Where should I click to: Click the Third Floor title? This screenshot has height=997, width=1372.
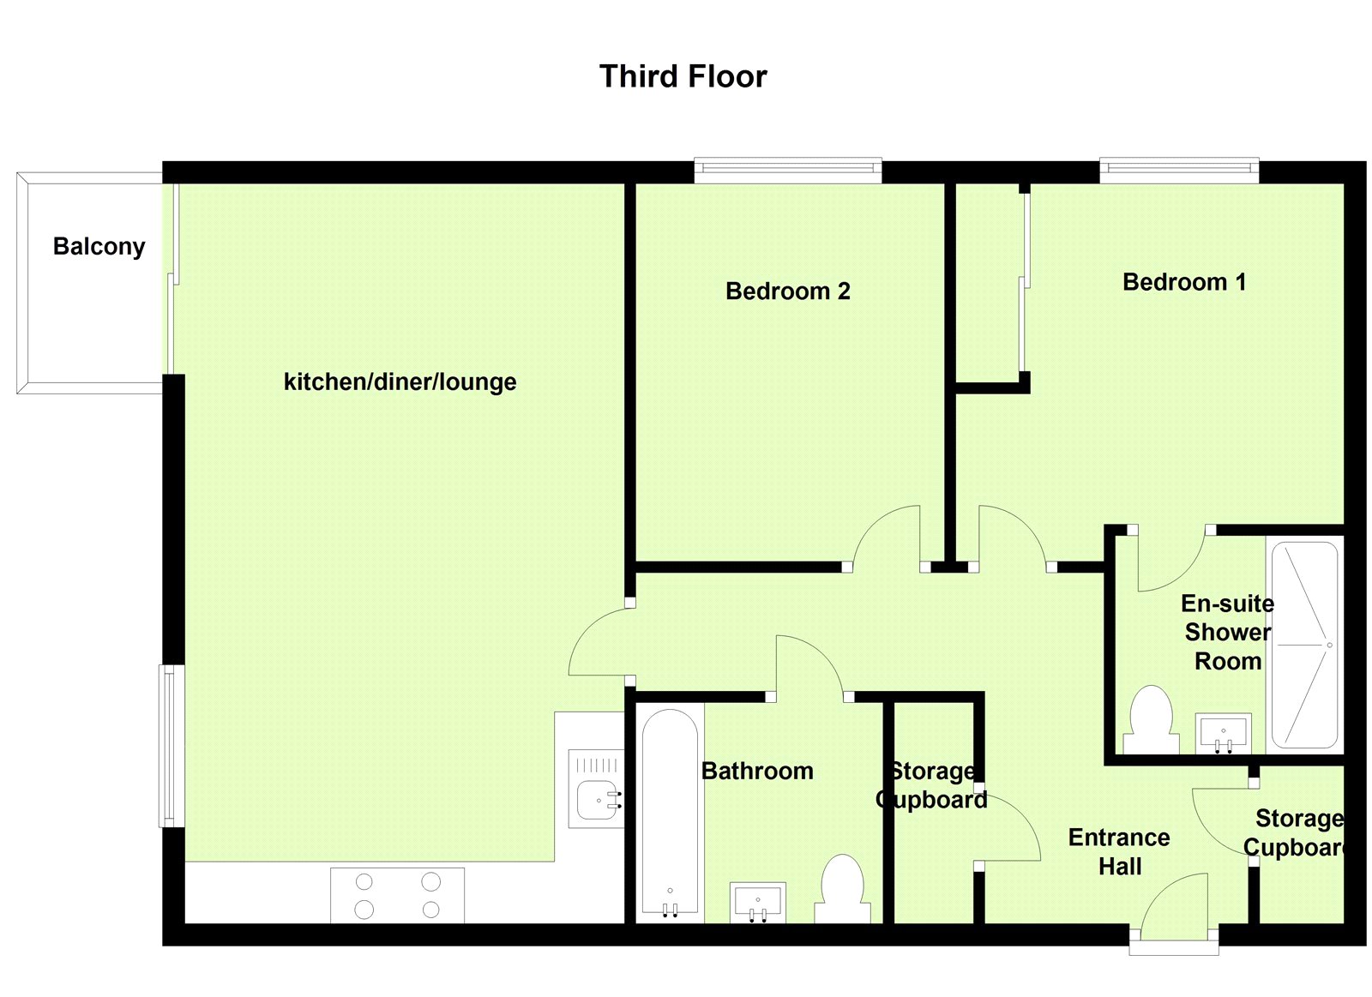pyautogui.click(x=683, y=76)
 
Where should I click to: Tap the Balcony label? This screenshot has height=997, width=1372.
pyautogui.click(x=99, y=246)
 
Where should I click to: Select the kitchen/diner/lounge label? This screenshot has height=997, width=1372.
pyautogui.click(x=400, y=381)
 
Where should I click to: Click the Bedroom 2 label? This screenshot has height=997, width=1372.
pyautogui.click(x=787, y=291)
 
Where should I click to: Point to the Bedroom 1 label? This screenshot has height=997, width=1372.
pyautogui.click(x=1184, y=281)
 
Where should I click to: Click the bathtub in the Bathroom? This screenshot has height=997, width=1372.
pyautogui.click(x=670, y=810)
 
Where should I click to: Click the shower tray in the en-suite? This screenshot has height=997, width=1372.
pyautogui.click(x=1304, y=645)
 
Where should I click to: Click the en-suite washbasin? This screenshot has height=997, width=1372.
pyautogui.click(x=1223, y=733)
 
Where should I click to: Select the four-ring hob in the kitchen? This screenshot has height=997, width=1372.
pyautogui.click(x=397, y=895)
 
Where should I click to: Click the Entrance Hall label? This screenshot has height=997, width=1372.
pyautogui.click(x=1119, y=851)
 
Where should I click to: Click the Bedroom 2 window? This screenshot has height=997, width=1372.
pyautogui.click(x=787, y=170)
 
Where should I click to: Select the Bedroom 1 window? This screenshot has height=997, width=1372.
pyautogui.click(x=1179, y=170)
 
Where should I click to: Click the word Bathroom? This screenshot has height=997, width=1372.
pyautogui.click(x=757, y=771)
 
